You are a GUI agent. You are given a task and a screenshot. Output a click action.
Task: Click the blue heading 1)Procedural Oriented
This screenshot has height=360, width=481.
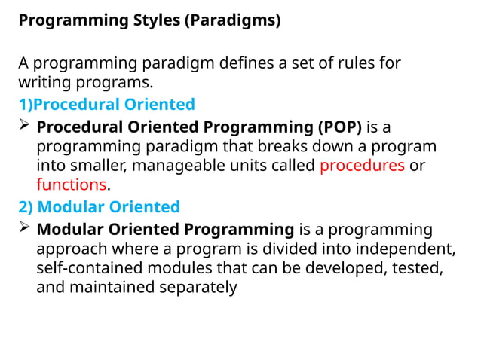click(107, 104)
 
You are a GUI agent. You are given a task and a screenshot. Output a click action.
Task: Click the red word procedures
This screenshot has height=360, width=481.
click(362, 165)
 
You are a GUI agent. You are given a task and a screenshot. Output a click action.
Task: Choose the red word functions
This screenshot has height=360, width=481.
click(72, 185)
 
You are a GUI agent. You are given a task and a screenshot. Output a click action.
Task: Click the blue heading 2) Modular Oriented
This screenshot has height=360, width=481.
click(99, 206)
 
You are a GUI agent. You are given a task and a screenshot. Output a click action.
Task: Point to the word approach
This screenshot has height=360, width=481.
click(70, 249)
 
